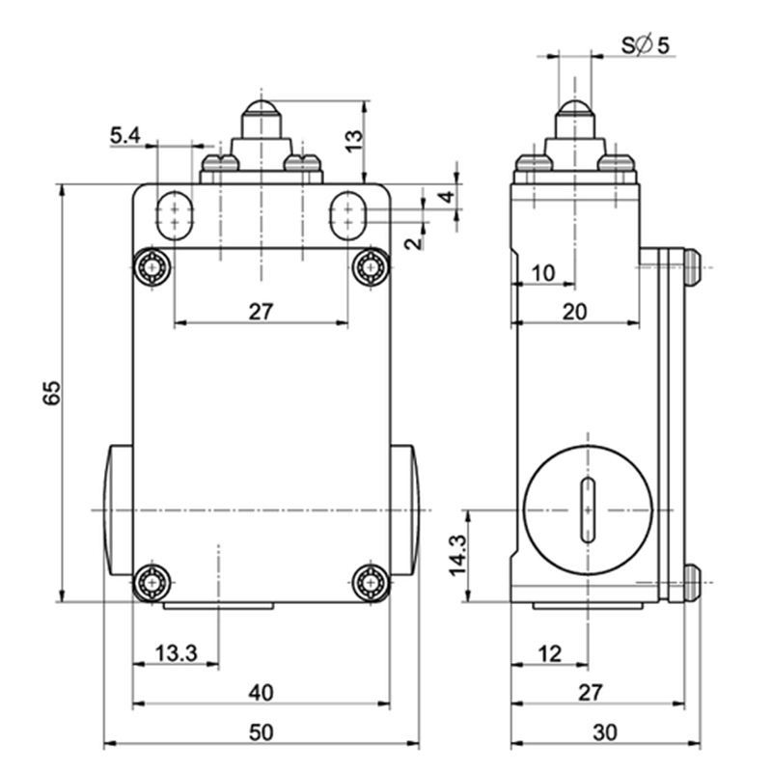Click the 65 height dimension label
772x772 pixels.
(x=52, y=393)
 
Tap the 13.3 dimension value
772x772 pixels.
(x=176, y=653)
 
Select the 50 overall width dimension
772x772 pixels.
(x=261, y=732)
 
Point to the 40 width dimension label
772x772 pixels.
(x=261, y=693)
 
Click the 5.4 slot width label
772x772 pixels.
(x=125, y=135)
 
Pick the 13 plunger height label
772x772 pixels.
(x=353, y=141)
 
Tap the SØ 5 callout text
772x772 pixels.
(x=646, y=45)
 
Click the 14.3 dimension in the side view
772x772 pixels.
(x=457, y=555)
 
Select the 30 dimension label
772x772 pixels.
(x=605, y=732)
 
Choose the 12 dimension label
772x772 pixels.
(x=549, y=654)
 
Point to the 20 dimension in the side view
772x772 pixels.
(x=574, y=312)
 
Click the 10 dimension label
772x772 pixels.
(x=543, y=273)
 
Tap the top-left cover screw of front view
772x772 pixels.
(x=152, y=267)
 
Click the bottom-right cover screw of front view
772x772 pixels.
(x=371, y=583)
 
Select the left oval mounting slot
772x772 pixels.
(x=175, y=215)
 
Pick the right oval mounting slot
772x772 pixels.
(x=347, y=215)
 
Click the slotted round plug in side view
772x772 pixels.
(x=588, y=510)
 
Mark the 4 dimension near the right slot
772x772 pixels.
(x=447, y=197)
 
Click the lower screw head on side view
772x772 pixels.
(x=692, y=583)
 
